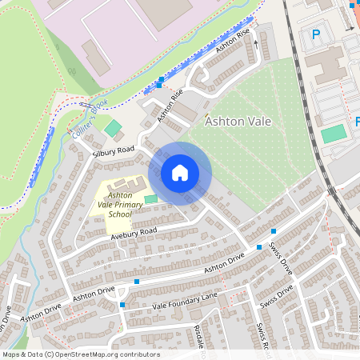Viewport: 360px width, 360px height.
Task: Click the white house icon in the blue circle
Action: pos(180,173)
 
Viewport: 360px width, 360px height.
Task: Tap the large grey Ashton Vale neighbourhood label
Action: pos(238,122)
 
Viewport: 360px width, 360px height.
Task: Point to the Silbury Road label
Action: pos(113,150)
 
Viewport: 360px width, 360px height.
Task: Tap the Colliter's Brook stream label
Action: pos(88,120)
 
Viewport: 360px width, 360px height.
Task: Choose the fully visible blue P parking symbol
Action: pos(315,35)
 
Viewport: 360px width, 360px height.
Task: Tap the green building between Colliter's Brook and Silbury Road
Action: pos(114,127)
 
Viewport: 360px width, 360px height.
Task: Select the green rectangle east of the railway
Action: pos(334,134)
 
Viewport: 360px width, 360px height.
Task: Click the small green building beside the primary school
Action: pos(150,198)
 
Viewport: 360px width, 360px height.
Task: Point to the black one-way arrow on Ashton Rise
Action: pos(256,43)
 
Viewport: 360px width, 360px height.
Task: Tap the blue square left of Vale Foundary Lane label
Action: pos(122,304)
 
